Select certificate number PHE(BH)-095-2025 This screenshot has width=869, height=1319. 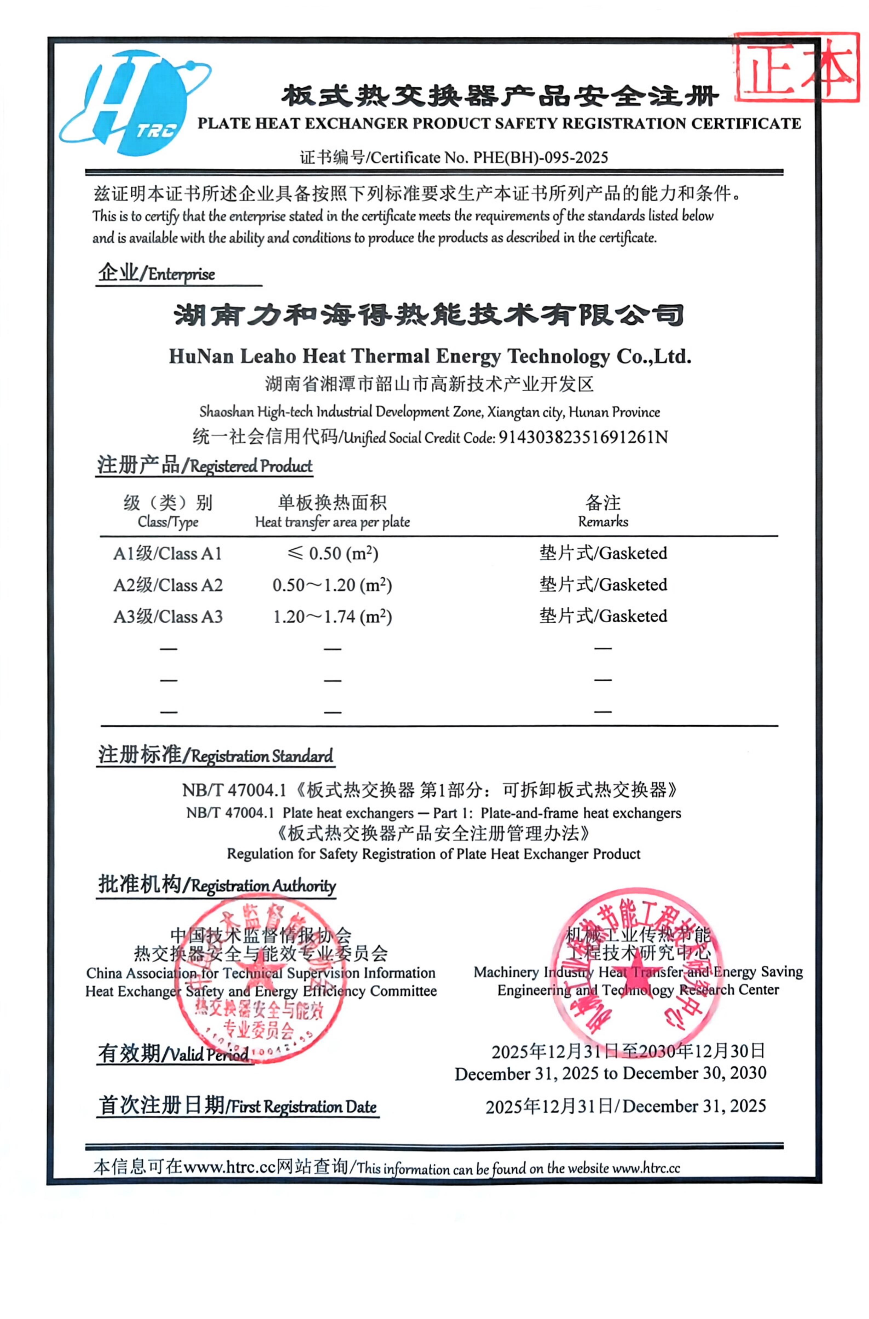tap(540, 158)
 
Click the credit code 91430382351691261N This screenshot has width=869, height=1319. tap(583, 438)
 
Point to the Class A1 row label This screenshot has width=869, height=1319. tap(167, 554)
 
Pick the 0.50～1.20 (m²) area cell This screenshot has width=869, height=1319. tap(332, 585)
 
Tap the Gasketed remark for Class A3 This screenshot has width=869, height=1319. tap(603, 616)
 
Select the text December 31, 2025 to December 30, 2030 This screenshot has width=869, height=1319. tap(610, 1074)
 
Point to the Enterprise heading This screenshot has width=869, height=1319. tap(157, 274)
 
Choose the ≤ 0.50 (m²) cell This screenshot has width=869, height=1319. tap(332, 554)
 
